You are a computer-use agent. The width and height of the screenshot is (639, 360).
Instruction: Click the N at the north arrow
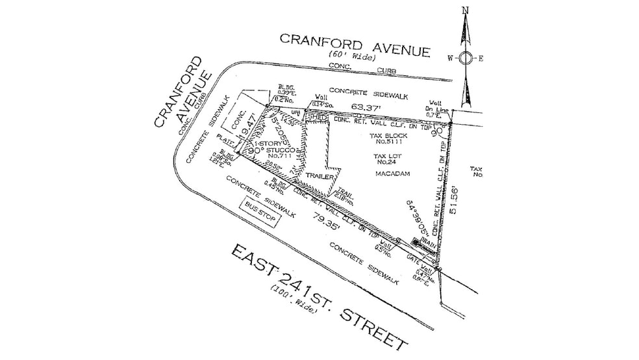(x=465, y=10)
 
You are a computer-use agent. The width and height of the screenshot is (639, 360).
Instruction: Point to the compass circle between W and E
(x=465, y=58)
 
